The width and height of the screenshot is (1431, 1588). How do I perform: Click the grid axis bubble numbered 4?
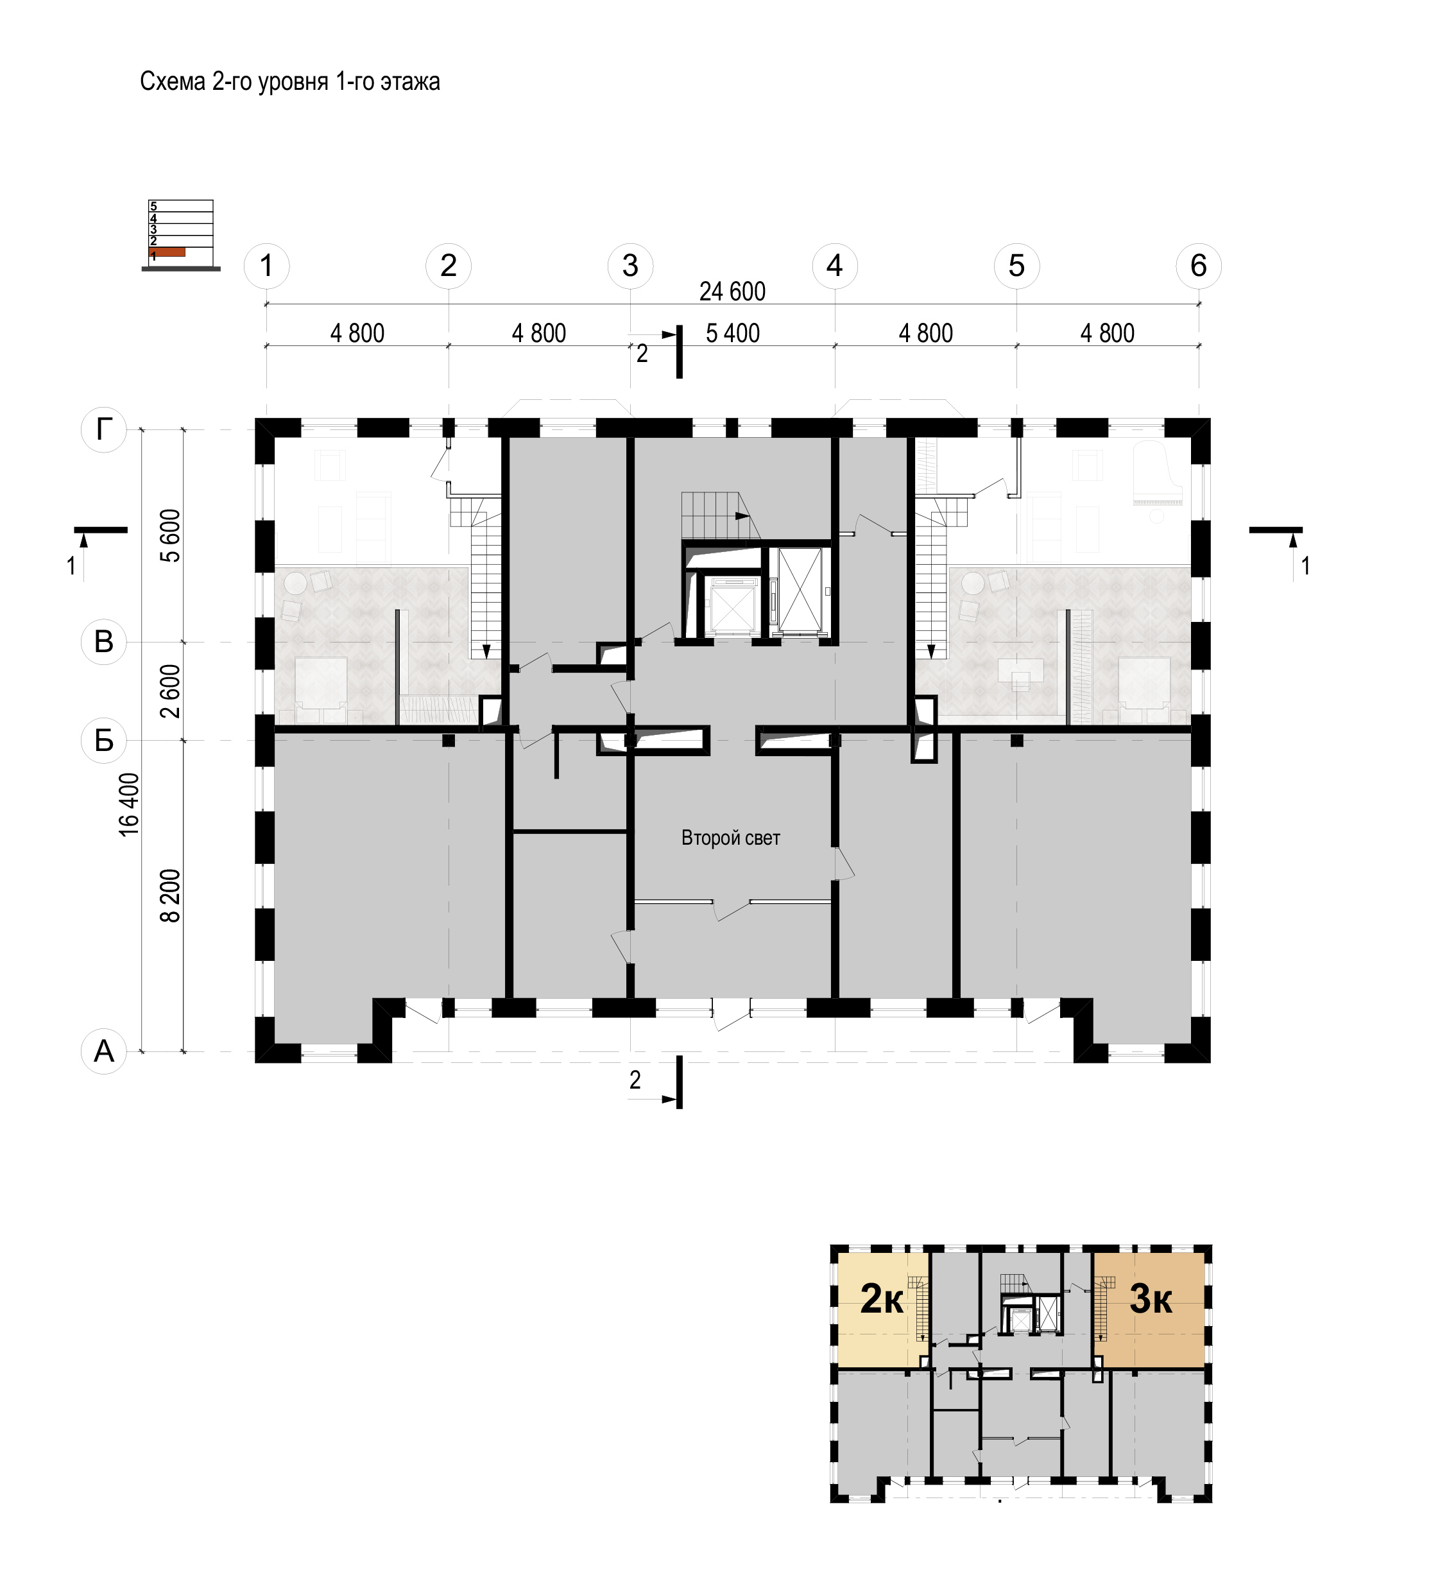click(834, 266)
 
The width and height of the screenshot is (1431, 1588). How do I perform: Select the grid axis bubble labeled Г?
click(104, 429)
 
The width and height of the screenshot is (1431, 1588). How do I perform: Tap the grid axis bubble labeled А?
click(104, 1051)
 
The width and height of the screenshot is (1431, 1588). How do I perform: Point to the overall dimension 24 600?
click(732, 292)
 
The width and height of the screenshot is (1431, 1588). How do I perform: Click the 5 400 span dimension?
click(733, 334)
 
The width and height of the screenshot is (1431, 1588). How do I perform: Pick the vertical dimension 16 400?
click(129, 804)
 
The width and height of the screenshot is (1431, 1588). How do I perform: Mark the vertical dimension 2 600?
click(171, 691)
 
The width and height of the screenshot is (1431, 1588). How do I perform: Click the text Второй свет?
click(730, 838)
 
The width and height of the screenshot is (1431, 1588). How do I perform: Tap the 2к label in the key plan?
click(882, 1299)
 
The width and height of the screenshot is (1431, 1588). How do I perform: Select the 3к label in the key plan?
click(1151, 1299)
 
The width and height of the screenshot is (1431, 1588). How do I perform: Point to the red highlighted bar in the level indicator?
click(167, 252)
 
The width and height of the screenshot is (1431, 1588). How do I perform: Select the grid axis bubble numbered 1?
click(266, 266)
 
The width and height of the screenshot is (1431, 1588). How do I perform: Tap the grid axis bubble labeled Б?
click(104, 740)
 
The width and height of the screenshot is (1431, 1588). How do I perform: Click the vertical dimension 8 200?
click(171, 896)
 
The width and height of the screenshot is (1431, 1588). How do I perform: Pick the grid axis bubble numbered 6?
click(1198, 266)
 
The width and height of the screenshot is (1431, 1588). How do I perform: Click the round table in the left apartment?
click(296, 583)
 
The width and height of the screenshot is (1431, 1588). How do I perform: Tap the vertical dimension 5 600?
click(171, 535)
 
